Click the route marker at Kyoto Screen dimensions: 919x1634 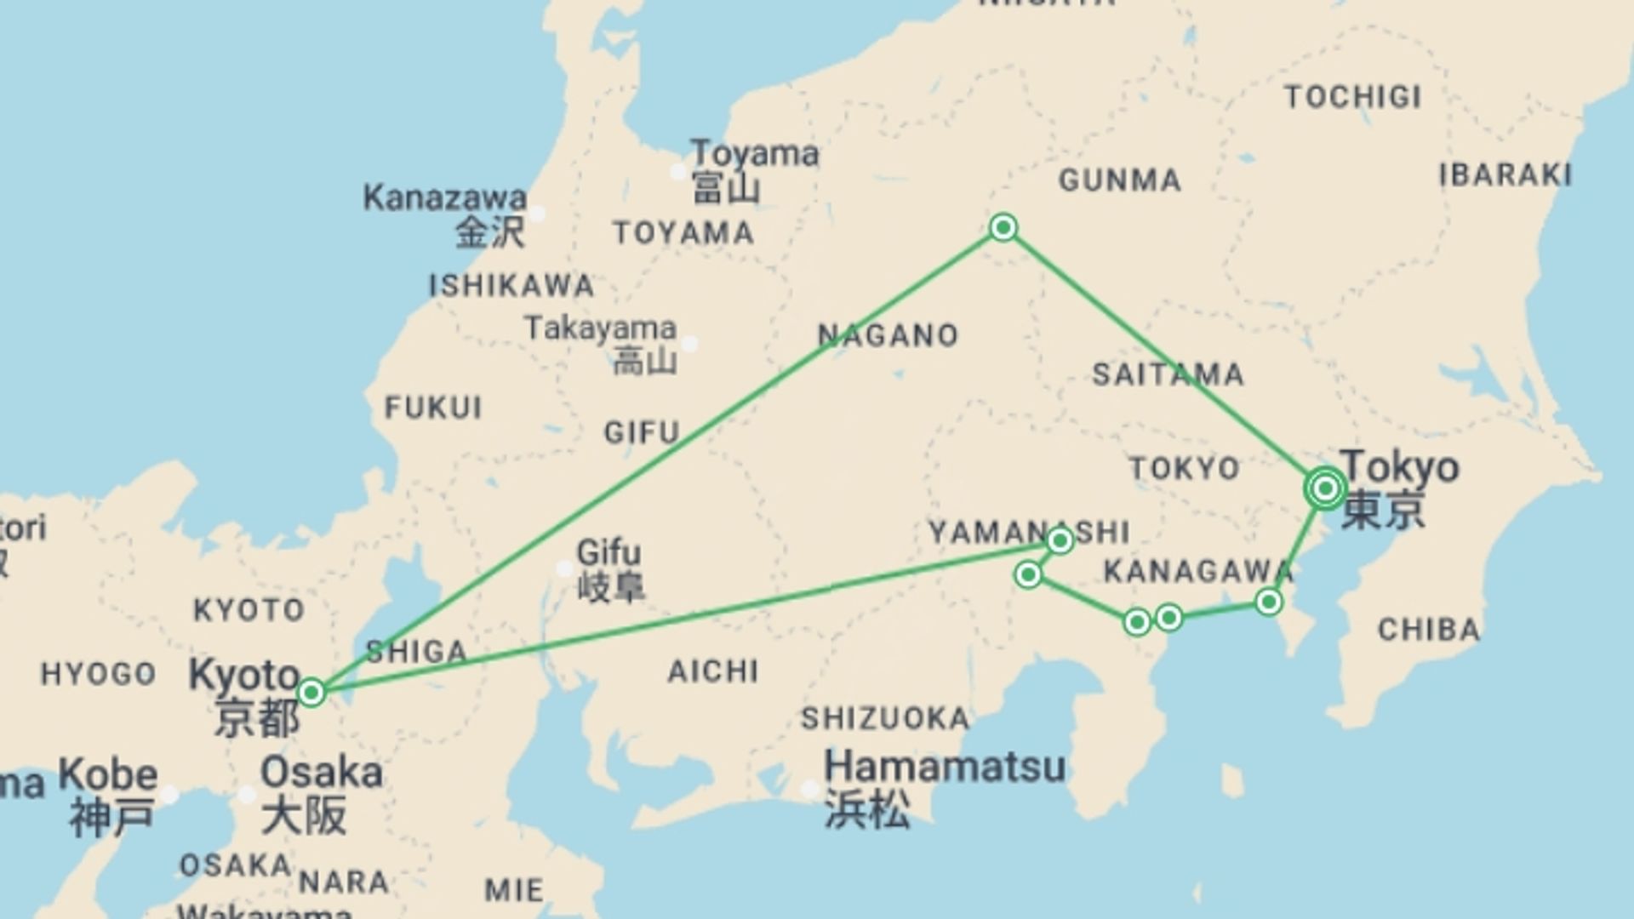tap(311, 693)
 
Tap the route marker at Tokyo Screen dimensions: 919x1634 tap(1325, 488)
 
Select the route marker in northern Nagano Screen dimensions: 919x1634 tap(1003, 227)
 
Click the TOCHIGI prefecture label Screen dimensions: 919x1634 tap(1352, 97)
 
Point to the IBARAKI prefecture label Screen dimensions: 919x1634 tap(1505, 175)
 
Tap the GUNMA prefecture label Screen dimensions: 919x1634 tap(1119, 180)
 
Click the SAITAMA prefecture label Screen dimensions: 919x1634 tap(1168, 374)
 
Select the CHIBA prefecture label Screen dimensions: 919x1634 tap(1429, 630)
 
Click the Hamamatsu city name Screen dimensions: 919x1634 tap(945, 767)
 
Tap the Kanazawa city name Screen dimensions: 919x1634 tap(444, 197)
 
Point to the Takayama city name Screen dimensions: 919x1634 tap(600, 328)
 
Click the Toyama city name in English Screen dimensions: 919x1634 tap(754, 154)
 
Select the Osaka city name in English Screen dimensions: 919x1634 tap(321, 773)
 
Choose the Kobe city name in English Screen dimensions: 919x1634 tap(108, 775)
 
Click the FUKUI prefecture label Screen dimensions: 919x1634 tap(433, 408)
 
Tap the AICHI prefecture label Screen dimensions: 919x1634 tap(712, 671)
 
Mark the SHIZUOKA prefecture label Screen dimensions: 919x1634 tap(885, 718)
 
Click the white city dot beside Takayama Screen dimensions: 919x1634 tap(690, 344)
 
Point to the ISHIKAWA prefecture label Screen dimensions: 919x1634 tap(511, 285)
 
